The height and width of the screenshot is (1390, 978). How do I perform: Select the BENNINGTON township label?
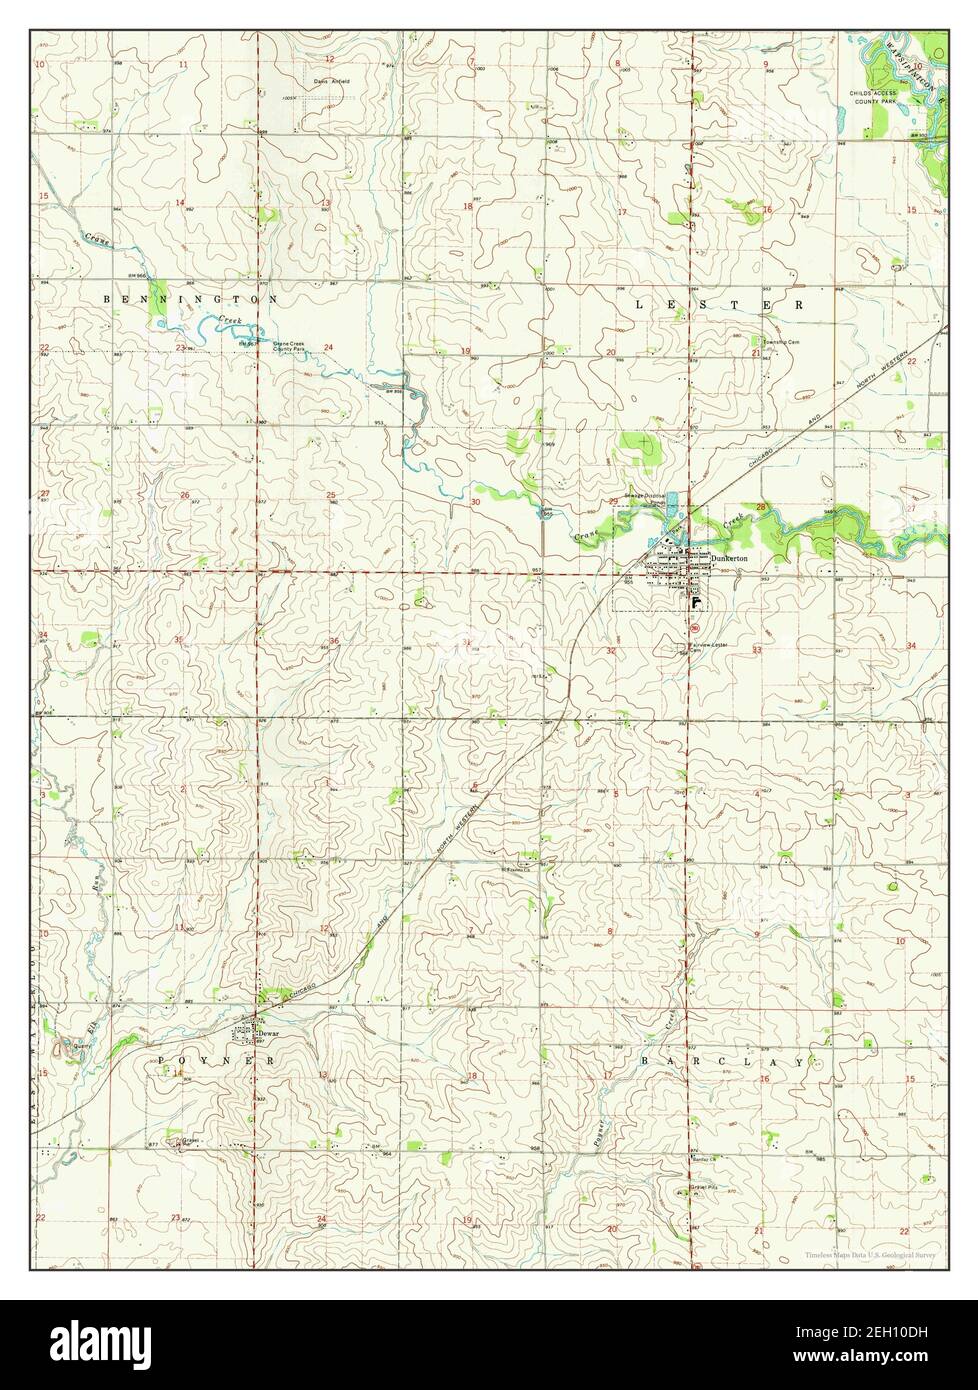[190, 299]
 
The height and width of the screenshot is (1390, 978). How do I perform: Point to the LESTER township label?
[719, 303]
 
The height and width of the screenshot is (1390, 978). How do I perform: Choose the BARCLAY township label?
[722, 1060]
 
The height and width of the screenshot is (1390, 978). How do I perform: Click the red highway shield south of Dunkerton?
[694, 628]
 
